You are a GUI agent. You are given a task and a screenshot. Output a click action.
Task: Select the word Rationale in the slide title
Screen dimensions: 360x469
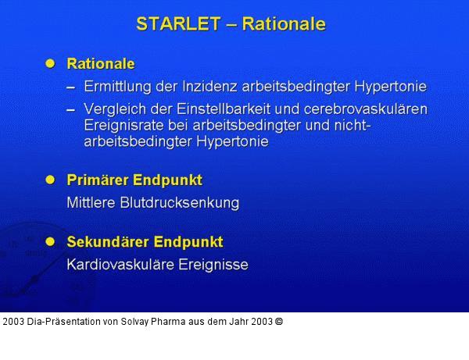284,23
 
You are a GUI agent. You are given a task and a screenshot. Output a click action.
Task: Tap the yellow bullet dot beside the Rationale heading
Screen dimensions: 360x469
51,63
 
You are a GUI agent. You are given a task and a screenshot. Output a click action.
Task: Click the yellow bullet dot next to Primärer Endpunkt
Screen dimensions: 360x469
51,180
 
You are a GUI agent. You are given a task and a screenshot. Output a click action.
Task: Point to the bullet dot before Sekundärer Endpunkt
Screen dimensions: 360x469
51,241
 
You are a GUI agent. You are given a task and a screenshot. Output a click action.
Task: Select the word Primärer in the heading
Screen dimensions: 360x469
96,180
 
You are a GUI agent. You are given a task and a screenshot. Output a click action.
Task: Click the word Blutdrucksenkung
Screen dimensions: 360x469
181,203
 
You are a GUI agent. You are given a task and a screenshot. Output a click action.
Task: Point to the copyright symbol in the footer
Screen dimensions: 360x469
279,321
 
